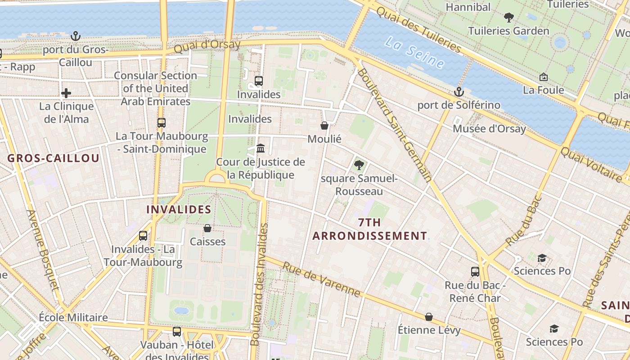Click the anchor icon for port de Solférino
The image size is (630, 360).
pyautogui.click(x=459, y=92)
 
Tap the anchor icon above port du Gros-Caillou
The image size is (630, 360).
pyautogui.click(x=76, y=36)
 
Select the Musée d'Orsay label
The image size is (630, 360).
pyautogui.click(x=489, y=129)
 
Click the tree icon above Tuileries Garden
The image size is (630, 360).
pyautogui.click(x=509, y=18)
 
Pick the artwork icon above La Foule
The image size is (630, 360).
pyautogui.click(x=543, y=77)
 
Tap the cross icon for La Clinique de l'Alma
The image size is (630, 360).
pyautogui.click(x=66, y=93)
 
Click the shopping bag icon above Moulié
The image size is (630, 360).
pyautogui.click(x=324, y=126)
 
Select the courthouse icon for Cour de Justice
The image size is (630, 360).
pyautogui.click(x=261, y=148)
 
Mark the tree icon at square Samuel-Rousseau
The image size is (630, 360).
pyautogui.click(x=359, y=165)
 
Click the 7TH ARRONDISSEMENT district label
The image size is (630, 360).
pyautogui.click(x=369, y=229)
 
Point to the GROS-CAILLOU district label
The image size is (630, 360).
pyautogui.click(x=53, y=158)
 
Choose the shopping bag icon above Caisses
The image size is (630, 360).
pyautogui.click(x=207, y=228)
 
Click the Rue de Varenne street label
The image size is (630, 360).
pyautogui.click(x=321, y=279)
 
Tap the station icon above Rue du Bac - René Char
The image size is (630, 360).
pyautogui.click(x=475, y=271)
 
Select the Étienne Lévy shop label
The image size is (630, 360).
pyautogui.click(x=429, y=330)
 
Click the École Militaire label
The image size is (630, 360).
pyautogui.click(x=73, y=317)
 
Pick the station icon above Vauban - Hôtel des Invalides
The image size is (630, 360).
pyautogui.click(x=177, y=332)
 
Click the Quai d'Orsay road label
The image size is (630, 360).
pyautogui.click(x=207, y=47)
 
